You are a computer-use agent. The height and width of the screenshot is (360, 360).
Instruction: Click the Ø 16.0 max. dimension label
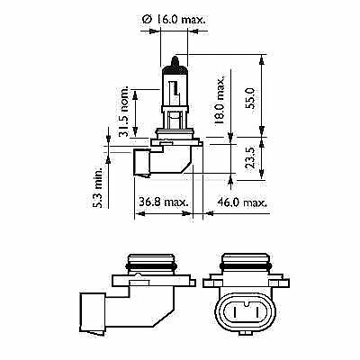coord(174,20)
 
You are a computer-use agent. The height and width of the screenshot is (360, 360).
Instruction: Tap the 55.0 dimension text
coord(250,98)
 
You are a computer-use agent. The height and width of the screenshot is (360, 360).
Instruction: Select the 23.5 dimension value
coord(250,157)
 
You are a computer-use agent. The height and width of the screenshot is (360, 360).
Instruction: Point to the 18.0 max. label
coord(220,101)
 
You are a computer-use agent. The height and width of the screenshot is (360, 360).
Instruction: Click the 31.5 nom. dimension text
coord(123,111)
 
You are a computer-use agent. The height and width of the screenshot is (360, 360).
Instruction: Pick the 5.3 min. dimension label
coord(97,187)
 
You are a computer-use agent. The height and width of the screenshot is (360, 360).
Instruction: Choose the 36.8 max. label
coord(164,202)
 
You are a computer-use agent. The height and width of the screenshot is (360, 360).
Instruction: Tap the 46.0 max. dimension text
coord(242,202)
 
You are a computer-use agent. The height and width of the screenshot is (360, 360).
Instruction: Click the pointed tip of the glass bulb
coord(175,57)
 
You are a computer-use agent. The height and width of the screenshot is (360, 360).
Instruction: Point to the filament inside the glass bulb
coord(174,88)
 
